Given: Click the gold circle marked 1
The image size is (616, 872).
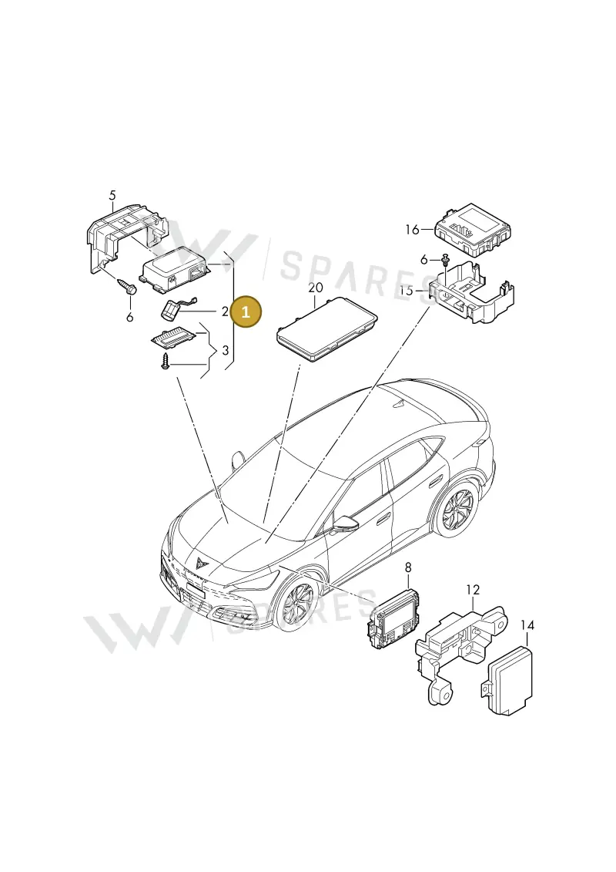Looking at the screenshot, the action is (246, 312).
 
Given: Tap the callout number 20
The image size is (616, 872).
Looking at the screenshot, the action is (315, 288).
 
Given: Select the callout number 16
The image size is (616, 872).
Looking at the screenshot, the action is (412, 229).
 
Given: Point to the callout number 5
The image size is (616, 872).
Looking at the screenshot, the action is (112, 195).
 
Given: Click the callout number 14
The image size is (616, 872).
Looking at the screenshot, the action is (527, 625).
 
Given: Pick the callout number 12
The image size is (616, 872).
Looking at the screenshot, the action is (473, 590).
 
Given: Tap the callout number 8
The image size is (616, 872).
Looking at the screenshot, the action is (408, 567).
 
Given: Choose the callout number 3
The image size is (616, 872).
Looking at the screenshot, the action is (225, 350).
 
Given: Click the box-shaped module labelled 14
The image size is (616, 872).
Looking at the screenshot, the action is (510, 678).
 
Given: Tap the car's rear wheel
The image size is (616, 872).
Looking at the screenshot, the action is (458, 509).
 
